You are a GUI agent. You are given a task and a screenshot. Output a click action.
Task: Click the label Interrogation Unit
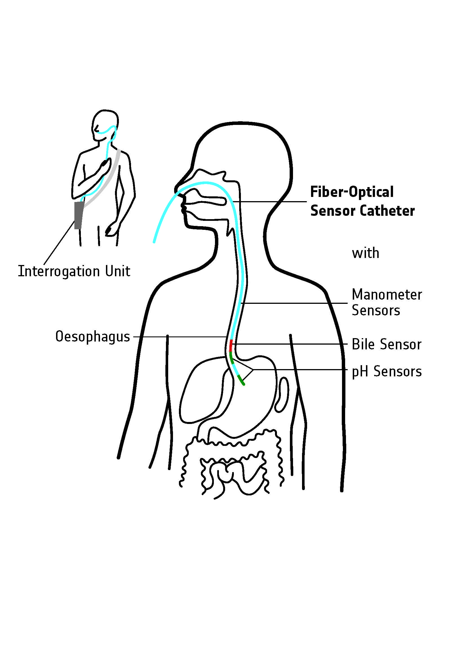click(74, 271)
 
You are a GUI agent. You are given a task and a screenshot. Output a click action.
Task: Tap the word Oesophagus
click(92, 336)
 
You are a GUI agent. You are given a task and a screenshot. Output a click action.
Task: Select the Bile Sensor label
click(386, 344)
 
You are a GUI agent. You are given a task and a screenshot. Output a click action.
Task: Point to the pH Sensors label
click(387, 371)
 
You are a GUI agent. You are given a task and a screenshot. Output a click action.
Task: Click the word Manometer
click(387, 295)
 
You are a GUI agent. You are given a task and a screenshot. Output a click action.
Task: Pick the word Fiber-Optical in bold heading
click(352, 192)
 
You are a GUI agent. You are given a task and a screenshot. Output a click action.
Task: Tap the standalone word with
click(365, 253)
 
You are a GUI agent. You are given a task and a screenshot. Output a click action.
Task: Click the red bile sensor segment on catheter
click(231, 345)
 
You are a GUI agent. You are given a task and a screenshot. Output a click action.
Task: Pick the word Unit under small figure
click(118, 271)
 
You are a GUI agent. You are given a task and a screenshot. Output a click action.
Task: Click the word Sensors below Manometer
click(376, 310)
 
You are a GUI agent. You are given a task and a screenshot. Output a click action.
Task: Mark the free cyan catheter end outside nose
click(154, 241)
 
